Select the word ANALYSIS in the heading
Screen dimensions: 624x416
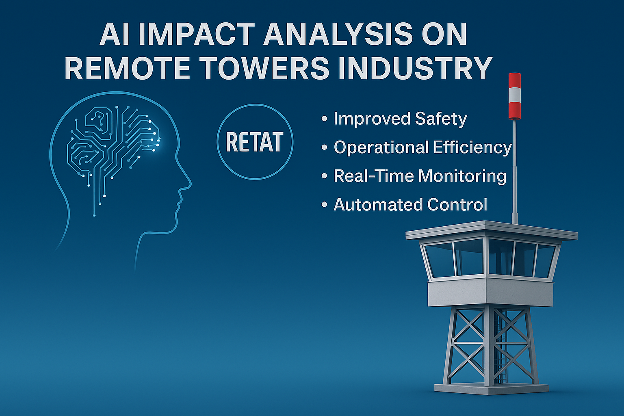point(338,34)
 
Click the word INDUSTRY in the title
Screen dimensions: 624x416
point(415,68)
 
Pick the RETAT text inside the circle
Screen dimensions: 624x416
point(255,142)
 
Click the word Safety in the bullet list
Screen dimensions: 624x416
point(441,119)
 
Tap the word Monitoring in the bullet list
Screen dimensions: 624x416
point(462,176)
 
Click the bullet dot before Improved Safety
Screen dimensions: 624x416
point(324,119)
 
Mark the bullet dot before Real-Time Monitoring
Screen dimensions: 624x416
point(324,176)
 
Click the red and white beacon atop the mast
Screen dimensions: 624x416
point(515,96)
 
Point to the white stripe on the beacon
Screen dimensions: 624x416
point(515,95)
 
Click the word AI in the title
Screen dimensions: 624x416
point(114,34)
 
